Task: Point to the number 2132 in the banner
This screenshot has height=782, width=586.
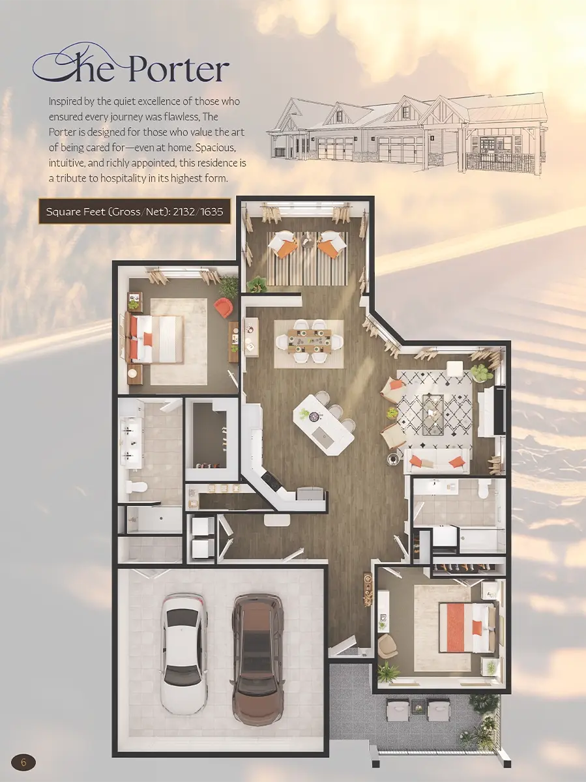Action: pyautogui.click(x=184, y=212)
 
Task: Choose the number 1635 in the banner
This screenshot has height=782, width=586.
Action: pyautogui.click(x=212, y=212)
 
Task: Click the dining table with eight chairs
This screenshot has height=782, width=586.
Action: pyautogui.click(x=309, y=341)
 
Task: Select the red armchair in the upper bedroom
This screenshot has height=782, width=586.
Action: pyautogui.click(x=224, y=307)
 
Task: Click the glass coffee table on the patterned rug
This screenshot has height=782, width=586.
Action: pyautogui.click(x=433, y=414)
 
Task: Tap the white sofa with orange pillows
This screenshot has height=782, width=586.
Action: pyautogui.click(x=437, y=461)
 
